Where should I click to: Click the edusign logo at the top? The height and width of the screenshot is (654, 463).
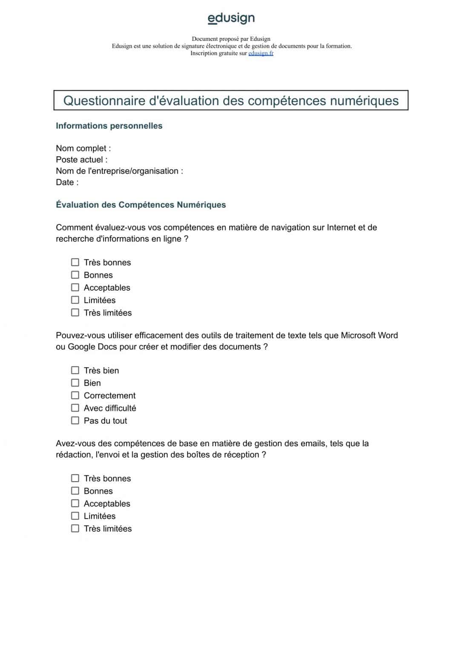[231, 18]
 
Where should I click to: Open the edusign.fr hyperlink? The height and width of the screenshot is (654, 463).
[261, 53]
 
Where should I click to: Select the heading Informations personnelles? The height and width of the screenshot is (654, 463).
[109, 126]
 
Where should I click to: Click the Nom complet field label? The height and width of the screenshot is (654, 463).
[83, 148]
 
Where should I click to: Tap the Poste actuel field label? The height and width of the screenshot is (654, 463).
[81, 160]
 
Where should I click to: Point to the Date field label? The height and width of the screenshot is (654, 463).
[67, 182]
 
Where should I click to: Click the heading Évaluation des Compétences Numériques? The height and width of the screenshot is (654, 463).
[141, 205]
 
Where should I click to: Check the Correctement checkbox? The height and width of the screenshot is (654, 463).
[75, 396]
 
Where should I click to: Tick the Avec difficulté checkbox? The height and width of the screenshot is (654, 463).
[75, 408]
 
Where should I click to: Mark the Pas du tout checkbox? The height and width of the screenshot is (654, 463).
[75, 421]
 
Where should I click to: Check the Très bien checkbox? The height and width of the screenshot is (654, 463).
[75, 370]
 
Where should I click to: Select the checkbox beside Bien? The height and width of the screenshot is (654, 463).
[75, 383]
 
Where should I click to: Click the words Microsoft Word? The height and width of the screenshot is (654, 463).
[369, 336]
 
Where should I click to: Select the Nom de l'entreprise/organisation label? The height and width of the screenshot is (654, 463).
[119, 171]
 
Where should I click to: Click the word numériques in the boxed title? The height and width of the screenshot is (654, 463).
[365, 101]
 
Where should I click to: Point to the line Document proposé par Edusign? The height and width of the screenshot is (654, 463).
[231, 39]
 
